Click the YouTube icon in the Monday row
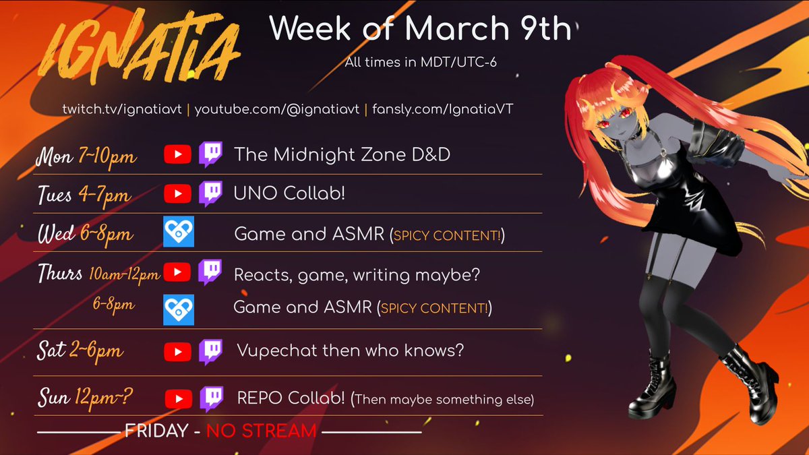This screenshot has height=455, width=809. coord(177,155)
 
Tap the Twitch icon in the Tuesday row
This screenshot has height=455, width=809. coord(210,193)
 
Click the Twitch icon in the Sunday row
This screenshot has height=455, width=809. coord(210,399)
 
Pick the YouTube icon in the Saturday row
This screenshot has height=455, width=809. coord(177,351)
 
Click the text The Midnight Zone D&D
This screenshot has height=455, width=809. coord(342,155)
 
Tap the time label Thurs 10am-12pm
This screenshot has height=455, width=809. coord(98,273)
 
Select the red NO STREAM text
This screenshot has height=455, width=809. coord(261,431)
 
